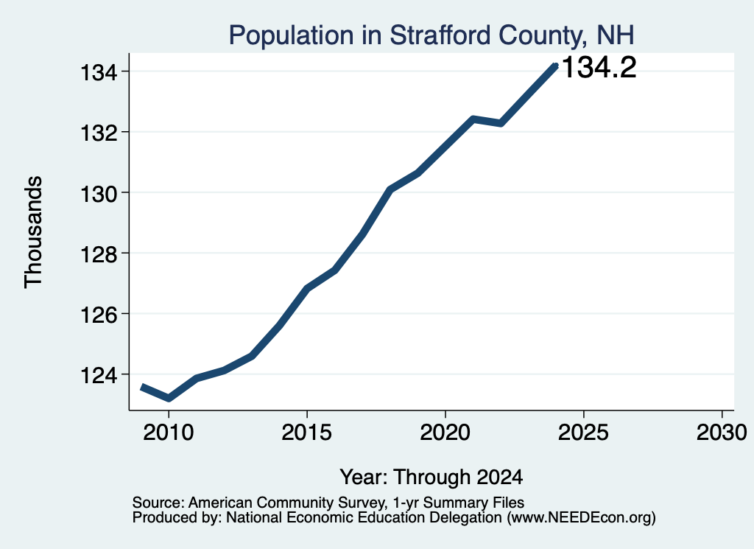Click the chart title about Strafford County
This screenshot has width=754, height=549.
[431, 35]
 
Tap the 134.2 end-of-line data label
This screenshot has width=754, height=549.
[599, 67]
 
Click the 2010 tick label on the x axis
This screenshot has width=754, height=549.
[169, 432]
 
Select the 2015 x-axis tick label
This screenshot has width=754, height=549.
[307, 432]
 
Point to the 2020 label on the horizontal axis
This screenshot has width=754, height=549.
[445, 432]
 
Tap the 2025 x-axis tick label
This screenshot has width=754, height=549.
[583, 432]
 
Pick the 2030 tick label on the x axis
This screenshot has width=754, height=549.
[722, 432]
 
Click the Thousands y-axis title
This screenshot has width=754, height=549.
[34, 232]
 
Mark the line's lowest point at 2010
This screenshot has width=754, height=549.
[169, 398]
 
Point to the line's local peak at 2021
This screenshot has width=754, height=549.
[473, 119]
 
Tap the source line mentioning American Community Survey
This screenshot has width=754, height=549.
[328, 503]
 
